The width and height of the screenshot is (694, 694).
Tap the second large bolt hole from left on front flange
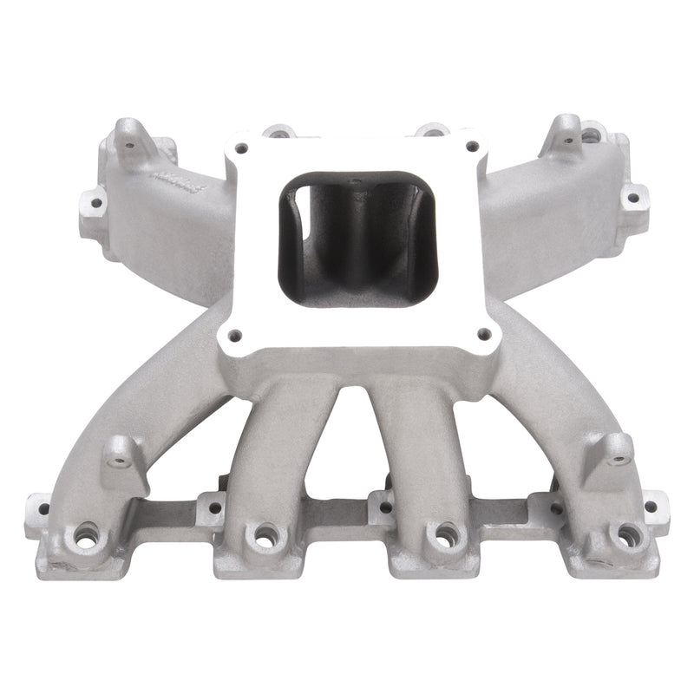(x=260, y=533)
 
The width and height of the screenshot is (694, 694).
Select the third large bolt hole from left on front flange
(x=445, y=533)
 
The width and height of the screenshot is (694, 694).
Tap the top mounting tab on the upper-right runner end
(x=568, y=129)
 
